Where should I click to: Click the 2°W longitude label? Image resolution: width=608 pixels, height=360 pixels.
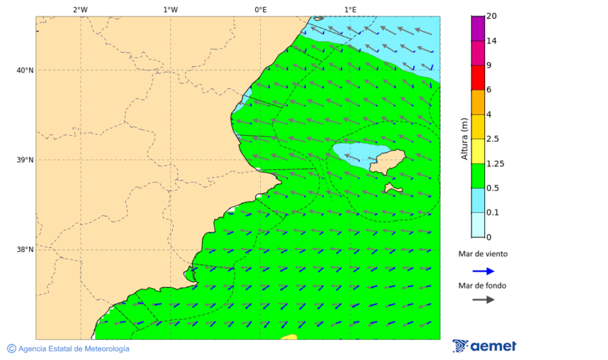click(80, 9)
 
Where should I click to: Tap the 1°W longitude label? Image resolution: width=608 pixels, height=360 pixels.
click(170, 9)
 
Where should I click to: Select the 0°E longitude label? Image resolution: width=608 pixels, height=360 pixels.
click(260, 9)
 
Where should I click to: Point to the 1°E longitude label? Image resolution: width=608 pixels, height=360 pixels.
click(350, 9)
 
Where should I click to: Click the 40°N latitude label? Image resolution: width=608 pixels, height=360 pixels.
click(24, 70)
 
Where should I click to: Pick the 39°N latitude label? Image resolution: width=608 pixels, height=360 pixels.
click(24, 160)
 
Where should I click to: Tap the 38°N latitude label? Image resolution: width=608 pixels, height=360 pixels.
click(24, 250)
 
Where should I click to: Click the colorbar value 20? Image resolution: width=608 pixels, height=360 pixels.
click(491, 16)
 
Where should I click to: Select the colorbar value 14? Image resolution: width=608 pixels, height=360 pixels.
click(491, 41)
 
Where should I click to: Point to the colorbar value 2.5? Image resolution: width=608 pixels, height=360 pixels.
click(493, 139)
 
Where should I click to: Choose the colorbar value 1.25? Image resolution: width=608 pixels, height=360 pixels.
click(495, 163)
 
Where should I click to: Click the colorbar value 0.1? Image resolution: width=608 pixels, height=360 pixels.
click(493, 213)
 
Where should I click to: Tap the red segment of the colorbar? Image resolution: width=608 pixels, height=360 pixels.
click(478, 78)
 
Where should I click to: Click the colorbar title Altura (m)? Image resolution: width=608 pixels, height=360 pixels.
click(464, 138)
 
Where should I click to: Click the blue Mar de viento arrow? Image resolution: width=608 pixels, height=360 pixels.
click(483, 271)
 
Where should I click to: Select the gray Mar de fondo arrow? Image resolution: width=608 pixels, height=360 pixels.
click(483, 299)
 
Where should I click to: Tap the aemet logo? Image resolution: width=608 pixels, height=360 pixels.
click(484, 346)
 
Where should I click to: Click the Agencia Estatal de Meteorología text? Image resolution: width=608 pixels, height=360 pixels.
click(73, 349)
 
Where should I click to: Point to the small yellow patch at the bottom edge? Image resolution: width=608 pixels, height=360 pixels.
click(288, 336)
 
